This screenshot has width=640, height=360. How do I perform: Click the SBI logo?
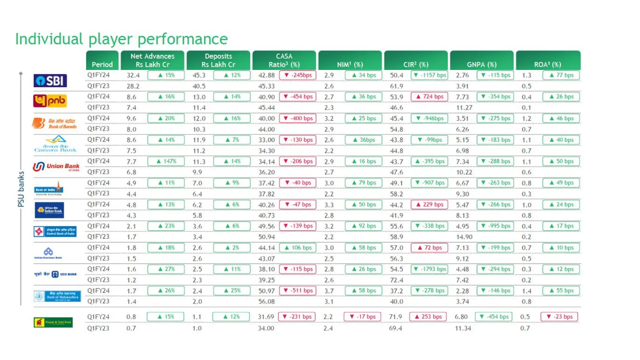(x=50, y=81)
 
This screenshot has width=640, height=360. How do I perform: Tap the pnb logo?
(x=50, y=101)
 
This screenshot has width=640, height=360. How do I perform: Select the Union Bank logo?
(x=56, y=166)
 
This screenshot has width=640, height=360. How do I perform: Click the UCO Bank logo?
(x=56, y=274)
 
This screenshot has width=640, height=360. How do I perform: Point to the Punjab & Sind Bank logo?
(x=53, y=322)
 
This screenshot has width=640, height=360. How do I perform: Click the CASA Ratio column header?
(x=284, y=60)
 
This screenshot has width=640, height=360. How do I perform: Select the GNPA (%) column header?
(x=482, y=64)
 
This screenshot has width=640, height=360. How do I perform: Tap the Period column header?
(x=102, y=64)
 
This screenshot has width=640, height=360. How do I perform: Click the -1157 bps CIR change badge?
(x=429, y=75)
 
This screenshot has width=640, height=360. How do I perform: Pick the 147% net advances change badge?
(x=166, y=161)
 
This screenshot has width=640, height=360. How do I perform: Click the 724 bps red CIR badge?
(x=429, y=97)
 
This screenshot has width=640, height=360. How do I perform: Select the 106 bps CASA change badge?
(x=297, y=248)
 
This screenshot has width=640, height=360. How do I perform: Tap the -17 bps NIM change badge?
(x=362, y=317)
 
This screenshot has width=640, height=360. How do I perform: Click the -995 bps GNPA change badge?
(x=495, y=226)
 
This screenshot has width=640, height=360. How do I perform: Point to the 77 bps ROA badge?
(x=561, y=75)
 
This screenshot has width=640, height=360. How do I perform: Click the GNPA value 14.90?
(x=463, y=237)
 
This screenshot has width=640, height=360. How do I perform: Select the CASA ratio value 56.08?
(x=267, y=301)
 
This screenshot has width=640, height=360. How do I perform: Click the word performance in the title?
(x=182, y=39)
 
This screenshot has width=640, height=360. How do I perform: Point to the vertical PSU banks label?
(x=21, y=189)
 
